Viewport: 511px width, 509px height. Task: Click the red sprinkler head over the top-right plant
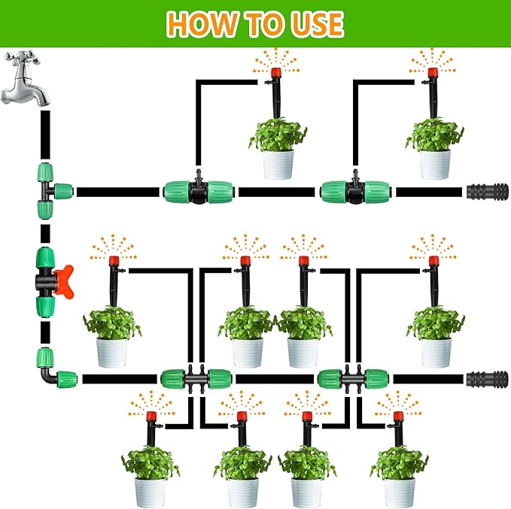point(433,73)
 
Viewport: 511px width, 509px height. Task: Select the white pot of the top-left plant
point(278,163)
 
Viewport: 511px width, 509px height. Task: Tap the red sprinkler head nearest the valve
point(114,261)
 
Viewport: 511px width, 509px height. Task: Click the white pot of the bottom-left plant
point(150,491)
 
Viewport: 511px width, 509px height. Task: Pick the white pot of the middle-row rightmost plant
point(436,351)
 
